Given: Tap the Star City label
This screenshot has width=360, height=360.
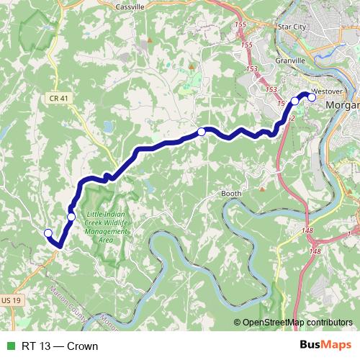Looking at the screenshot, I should pos(292,27).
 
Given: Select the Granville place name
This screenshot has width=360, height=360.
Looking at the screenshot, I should pos(289,61).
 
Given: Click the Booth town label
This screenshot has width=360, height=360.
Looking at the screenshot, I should pos(231,194).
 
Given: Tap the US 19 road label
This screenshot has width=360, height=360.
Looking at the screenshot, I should pos(11,299).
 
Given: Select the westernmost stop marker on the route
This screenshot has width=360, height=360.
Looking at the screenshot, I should pos(48,233).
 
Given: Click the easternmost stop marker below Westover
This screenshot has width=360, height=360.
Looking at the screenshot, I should pos(312,99).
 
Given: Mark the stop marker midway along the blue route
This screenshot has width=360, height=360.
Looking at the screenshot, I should pos(202,132).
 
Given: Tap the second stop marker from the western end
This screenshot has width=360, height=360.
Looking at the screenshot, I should pos(71,217).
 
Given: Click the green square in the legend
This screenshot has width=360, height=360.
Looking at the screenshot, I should pos(9,346).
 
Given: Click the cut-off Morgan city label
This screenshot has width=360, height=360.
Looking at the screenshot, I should pos(341,106).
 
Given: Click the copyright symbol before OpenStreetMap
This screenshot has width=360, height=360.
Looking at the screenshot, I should pos(237,323).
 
